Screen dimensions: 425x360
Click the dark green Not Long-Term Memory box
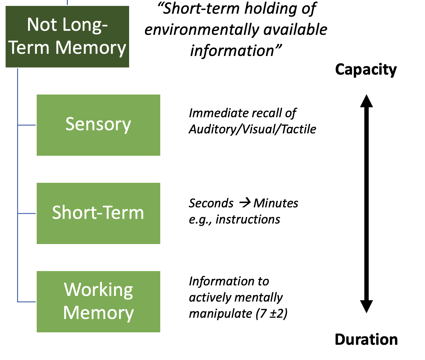pyautogui.click(x=67, y=37)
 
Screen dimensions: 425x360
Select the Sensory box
pyautogui.click(x=98, y=125)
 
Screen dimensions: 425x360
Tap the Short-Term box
pyautogui.click(x=98, y=213)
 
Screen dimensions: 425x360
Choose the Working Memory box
pyautogui.click(x=98, y=302)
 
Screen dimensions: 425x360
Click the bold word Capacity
pyautogui.click(x=366, y=70)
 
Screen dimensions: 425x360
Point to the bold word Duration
pyautogui.click(x=366, y=339)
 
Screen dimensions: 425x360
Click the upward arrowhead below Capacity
pyautogui.click(x=367, y=101)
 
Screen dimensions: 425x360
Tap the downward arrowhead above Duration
pyautogui.click(x=367, y=307)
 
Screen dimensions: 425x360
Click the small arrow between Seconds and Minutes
pyautogui.click(x=245, y=203)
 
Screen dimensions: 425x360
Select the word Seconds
pyautogui.click(x=211, y=203)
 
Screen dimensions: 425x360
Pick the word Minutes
pyautogui.click(x=276, y=203)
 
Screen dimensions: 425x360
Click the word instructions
pyautogui.click(x=248, y=219)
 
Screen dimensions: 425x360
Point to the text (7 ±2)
pyautogui.click(x=271, y=314)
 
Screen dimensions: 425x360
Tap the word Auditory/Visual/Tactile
pyautogui.click(x=253, y=129)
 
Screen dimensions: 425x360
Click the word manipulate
pyautogui.click(x=221, y=314)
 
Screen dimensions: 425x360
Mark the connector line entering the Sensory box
pyautogui.click(x=27, y=125)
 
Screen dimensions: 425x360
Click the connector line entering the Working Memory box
pyautogui.click(x=27, y=302)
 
